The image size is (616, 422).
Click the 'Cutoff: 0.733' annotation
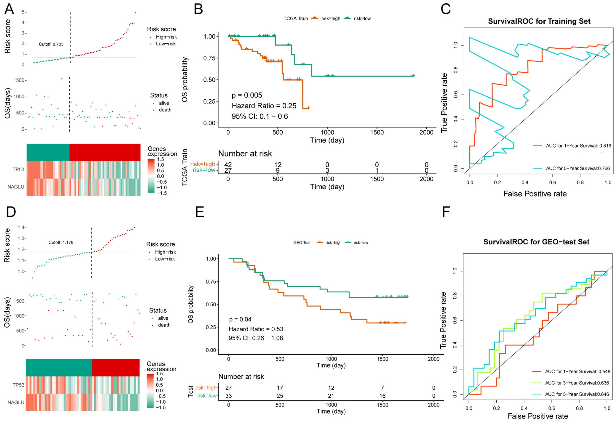(51, 44)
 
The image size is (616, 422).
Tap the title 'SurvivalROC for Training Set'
(539, 21)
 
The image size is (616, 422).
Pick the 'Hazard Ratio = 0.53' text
(256, 329)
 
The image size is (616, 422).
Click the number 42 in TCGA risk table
(228, 165)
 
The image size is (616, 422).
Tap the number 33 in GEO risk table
(229, 396)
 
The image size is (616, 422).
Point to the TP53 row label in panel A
(18, 169)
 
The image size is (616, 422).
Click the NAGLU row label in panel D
(16, 402)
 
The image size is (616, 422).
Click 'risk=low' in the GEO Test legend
(361, 242)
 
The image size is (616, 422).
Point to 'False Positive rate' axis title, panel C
(535, 194)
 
